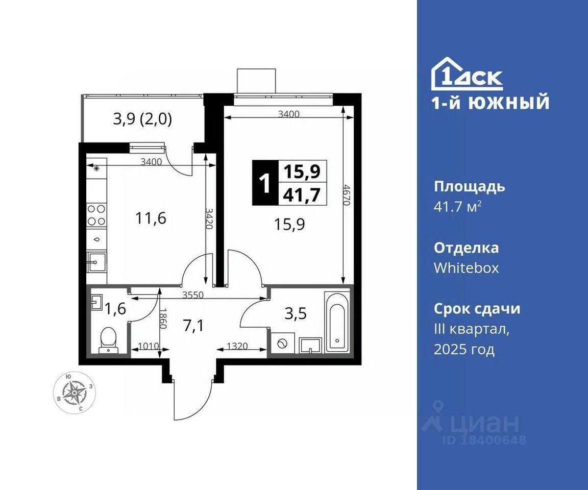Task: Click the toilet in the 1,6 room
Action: [x=108, y=340]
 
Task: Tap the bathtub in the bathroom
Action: [x=337, y=322]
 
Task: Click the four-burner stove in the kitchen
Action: [x=96, y=215]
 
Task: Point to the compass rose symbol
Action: [x=75, y=393]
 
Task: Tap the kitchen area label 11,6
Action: [x=151, y=218]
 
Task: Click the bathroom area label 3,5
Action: [x=296, y=313]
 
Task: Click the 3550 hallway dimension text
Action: [x=193, y=295]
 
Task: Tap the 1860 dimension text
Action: [x=162, y=318]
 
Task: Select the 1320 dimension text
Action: [x=237, y=346]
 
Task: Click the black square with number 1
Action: [x=265, y=183]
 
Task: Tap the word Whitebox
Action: [x=466, y=267]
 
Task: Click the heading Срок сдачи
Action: [x=477, y=308]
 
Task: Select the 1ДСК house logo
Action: [x=467, y=73]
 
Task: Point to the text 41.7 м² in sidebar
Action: [x=457, y=207]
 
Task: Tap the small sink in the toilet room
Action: [x=97, y=302]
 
